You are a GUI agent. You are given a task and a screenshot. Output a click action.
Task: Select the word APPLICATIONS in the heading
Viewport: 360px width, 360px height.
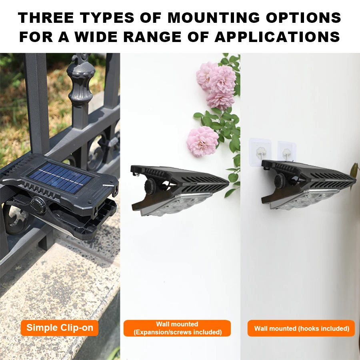point(277,37)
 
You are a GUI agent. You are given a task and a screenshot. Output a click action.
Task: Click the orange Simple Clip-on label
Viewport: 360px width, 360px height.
point(60,328)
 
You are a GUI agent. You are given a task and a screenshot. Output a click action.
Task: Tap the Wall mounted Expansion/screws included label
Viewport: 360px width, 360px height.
point(177,328)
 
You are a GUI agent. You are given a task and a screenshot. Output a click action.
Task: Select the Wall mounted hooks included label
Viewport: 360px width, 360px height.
point(301,328)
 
